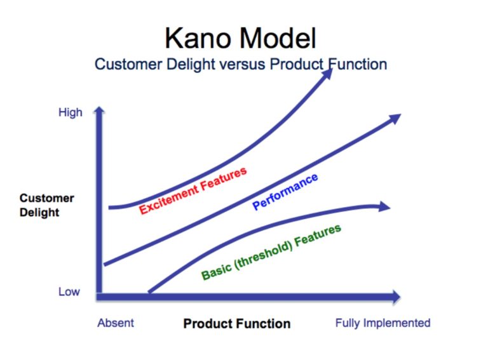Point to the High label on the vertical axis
tap(71, 112)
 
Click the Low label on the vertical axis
tap(69, 291)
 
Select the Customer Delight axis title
tap(46, 205)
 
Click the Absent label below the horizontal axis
tap(116, 323)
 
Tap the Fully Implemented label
tap(383, 323)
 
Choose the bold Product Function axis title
tap(236, 323)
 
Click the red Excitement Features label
tap(193, 190)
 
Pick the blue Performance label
tap(285, 192)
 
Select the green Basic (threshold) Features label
tap(271, 252)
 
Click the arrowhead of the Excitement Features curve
tap(327, 73)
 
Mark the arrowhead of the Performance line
tap(395, 117)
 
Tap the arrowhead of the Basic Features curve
tap(383, 206)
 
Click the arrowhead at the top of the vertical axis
tap(98, 112)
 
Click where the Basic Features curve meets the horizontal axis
tap(150, 293)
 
